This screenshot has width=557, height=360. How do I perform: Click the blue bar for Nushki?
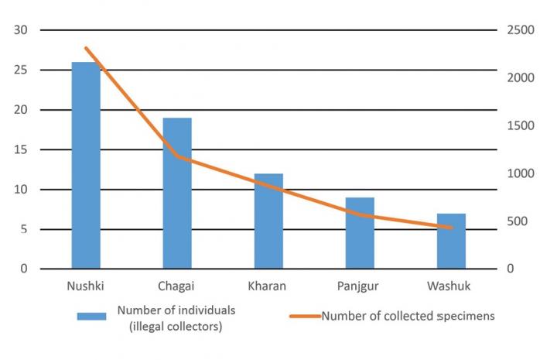pyautogui.click(x=86, y=166)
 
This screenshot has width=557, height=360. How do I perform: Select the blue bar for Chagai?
pyautogui.click(x=177, y=194)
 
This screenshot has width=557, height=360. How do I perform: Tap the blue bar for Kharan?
pyautogui.click(x=268, y=221)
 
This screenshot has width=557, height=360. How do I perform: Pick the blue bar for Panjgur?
pyautogui.click(x=360, y=233)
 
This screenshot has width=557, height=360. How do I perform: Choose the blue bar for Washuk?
pyautogui.click(x=451, y=241)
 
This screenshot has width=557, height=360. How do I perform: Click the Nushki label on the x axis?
pyautogui.click(x=86, y=286)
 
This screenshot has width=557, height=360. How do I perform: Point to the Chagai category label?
pyautogui.click(x=177, y=286)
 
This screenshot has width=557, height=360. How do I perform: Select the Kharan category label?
pyautogui.click(x=267, y=286)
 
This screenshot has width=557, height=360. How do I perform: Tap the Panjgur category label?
pyautogui.click(x=360, y=286)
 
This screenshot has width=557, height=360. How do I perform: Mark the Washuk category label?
pyautogui.click(x=449, y=286)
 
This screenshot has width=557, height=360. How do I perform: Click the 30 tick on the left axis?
pyautogui.click(x=19, y=30)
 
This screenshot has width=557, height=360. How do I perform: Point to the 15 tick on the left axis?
pyautogui.click(x=19, y=149)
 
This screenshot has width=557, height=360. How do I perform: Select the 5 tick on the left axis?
pyautogui.click(x=22, y=229)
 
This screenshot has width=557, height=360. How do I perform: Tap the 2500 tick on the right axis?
pyautogui.click(x=519, y=30)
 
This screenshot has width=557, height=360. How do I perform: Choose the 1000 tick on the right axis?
pyautogui.click(x=519, y=173)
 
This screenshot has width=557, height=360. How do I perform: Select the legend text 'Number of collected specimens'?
pyautogui.click(x=408, y=316)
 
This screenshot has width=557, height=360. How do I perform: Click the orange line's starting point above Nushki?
pyautogui.click(x=86, y=48)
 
